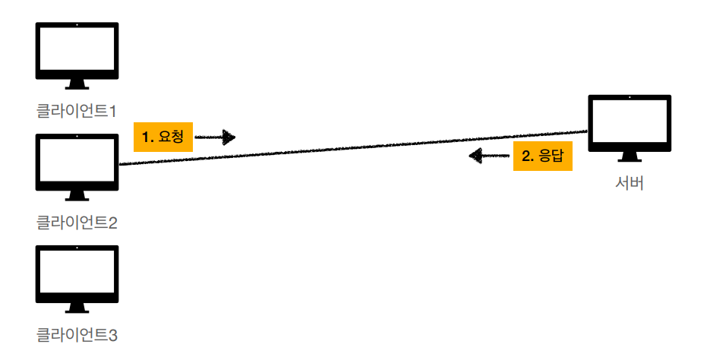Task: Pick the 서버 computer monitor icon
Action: coord(630,123)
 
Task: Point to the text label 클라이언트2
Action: coord(77,223)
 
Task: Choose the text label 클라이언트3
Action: coord(77,333)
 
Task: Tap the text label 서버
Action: coord(630,184)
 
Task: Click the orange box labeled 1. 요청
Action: coord(163,137)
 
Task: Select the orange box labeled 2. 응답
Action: coord(542,156)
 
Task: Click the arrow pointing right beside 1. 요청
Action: coord(216,137)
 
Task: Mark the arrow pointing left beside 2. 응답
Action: coord(488,156)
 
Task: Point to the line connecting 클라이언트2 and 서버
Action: coord(349,148)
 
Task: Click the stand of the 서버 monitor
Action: coord(630,156)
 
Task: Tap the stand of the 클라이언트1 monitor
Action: coord(77,84)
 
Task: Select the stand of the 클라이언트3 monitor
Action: coord(77,308)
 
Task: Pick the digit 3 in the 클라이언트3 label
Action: coord(112,333)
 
